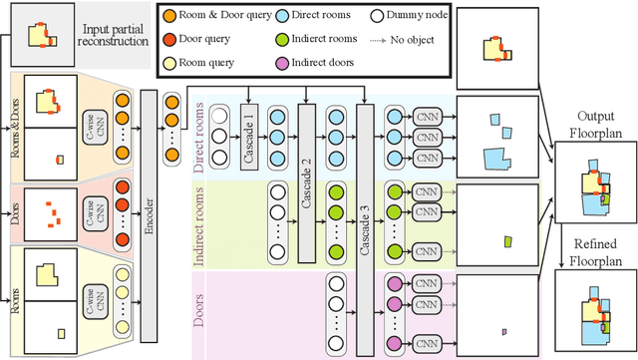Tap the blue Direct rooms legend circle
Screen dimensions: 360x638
284,18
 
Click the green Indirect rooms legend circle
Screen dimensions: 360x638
284,40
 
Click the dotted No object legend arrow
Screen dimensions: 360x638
386,41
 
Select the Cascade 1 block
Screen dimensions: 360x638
248,129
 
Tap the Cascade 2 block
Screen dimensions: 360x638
307,166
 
